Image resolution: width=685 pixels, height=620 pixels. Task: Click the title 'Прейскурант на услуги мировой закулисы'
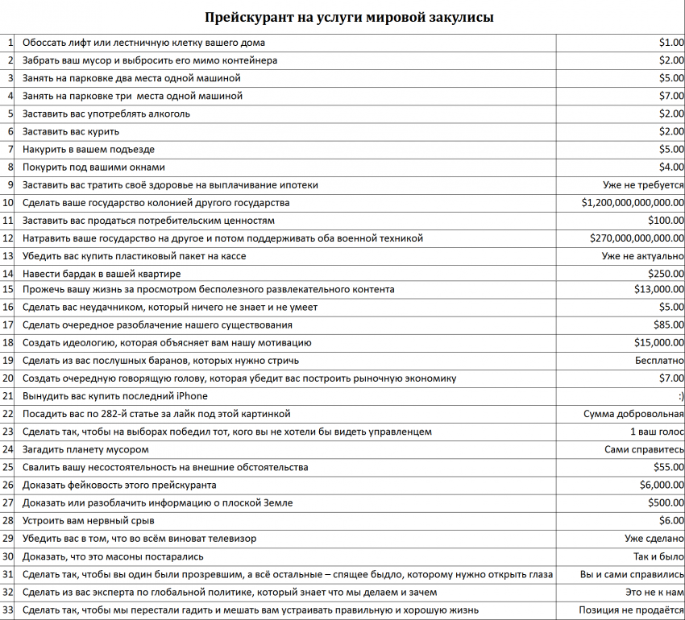[349, 17]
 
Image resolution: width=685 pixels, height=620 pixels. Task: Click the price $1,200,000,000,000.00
[633, 203]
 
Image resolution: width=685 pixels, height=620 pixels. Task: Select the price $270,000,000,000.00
[637, 238]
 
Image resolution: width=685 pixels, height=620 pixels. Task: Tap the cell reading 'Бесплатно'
[659, 361]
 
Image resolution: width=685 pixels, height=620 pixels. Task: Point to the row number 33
[9, 610]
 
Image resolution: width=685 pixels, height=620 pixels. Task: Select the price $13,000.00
[659, 289]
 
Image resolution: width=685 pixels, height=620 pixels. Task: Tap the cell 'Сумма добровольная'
[633, 414]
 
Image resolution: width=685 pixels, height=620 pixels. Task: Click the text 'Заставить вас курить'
[71, 131]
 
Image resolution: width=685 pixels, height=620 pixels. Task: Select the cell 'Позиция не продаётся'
[631, 610]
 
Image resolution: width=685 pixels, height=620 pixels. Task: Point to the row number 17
[9, 325]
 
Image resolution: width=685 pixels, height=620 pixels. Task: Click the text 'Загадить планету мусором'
[85, 449]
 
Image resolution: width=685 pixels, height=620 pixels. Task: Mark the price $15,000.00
[659, 343]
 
